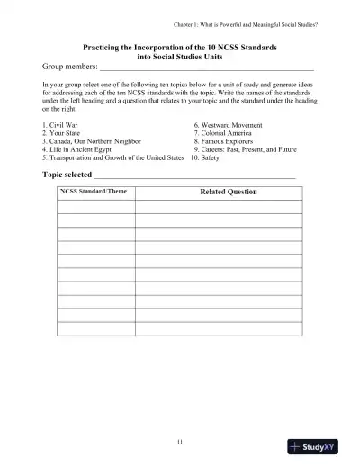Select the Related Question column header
pos(227,192)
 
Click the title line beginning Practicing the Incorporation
pos(180,45)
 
